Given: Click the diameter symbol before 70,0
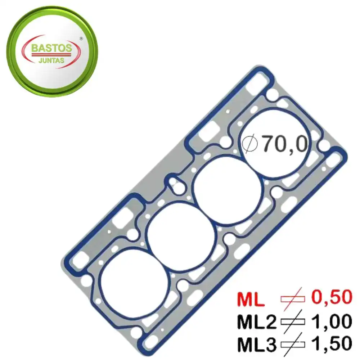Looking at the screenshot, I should tap(251, 144).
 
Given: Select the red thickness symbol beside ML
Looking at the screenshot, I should tap(292, 298).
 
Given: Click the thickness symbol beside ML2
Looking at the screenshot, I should tap(292, 321).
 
